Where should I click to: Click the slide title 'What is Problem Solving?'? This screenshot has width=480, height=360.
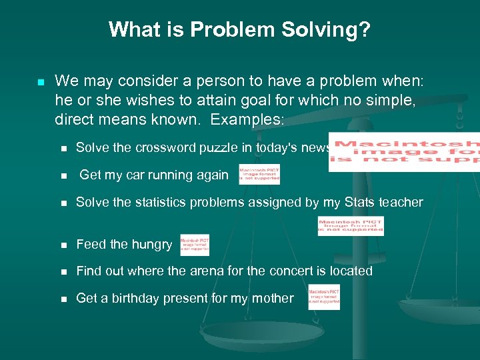240,30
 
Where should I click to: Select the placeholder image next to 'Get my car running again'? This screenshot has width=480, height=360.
259,174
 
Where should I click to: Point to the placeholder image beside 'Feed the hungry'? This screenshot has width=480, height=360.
195,245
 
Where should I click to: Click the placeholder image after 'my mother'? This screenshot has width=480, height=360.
324,297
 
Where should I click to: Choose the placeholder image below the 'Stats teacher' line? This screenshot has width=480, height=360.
351,226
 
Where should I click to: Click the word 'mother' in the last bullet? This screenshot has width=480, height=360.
271,299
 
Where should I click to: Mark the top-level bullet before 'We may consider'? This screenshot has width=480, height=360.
40,82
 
